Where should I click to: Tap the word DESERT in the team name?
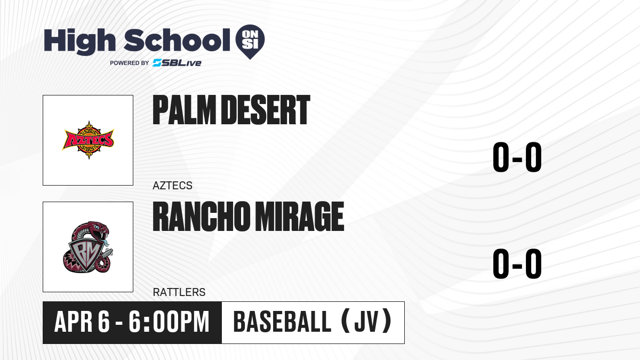[x=266, y=110]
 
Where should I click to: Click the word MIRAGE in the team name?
[x=299, y=216]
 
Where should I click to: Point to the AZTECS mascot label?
[x=173, y=186]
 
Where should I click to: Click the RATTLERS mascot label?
[x=179, y=292]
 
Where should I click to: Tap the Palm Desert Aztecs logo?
[x=88, y=140]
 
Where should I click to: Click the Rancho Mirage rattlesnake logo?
[x=88, y=247]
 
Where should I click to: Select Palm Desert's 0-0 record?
[x=517, y=157]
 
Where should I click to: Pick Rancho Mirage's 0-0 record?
[x=517, y=263]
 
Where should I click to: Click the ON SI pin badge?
[x=250, y=42]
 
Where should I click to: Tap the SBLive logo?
[x=177, y=63]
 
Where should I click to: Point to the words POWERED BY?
[x=130, y=63]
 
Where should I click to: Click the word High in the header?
[x=80, y=42]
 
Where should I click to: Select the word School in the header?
[x=177, y=40]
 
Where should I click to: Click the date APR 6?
[x=82, y=322]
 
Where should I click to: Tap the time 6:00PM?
[x=169, y=322]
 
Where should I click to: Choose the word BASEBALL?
[x=282, y=322]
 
